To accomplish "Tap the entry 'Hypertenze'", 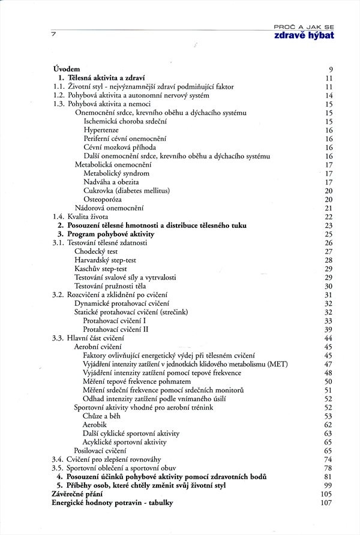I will (101, 130).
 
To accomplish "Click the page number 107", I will (326, 503).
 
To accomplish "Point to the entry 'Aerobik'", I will (96, 424).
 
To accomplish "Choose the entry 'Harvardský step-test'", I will (106, 260).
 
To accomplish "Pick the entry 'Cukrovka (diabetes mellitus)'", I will (127, 191).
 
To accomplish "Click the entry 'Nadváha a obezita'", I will (112, 182).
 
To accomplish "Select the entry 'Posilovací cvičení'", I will (100, 450).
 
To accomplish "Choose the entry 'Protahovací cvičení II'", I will (116, 329).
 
